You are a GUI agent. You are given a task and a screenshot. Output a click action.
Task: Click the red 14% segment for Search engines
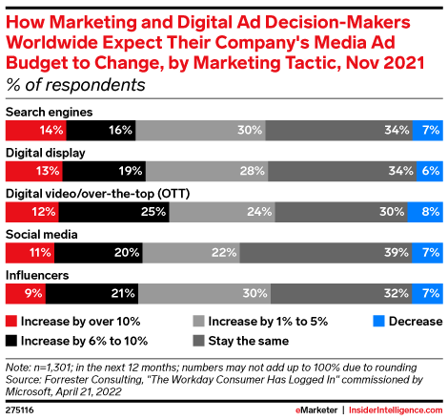click(x=36, y=130)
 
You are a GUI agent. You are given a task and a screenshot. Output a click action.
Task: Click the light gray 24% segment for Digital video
click(x=223, y=212)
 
